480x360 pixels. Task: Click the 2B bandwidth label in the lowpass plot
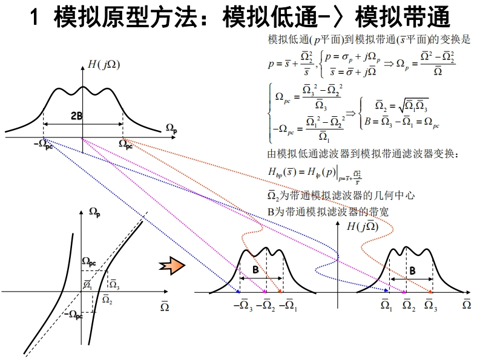coord(76,116)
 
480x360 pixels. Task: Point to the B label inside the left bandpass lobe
coord(256,270)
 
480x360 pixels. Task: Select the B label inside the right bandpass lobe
coord(412,270)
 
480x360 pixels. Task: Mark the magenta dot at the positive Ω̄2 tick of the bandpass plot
coord(404,293)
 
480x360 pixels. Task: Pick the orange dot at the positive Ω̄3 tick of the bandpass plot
coord(430,293)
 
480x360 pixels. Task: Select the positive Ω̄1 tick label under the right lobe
coord(386,305)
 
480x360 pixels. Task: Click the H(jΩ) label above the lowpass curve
coord(103,65)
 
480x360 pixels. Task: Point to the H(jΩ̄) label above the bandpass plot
coord(362,227)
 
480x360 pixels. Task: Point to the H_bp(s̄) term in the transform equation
coord(281,171)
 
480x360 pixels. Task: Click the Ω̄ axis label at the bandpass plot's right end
coord(467,304)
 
